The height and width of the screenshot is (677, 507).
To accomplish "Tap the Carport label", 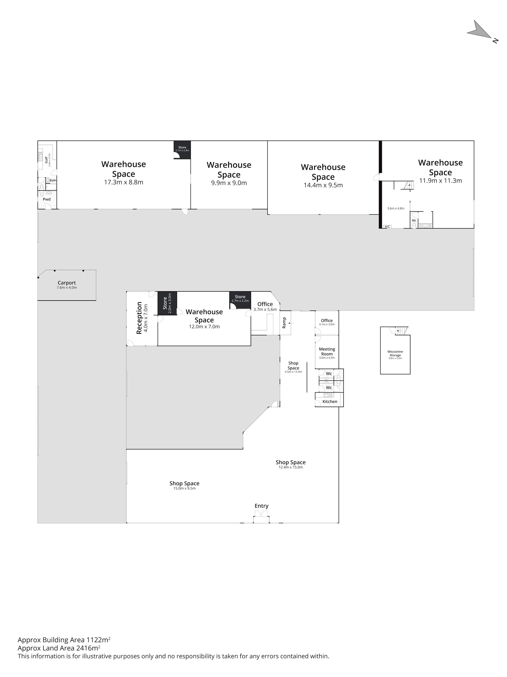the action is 67,283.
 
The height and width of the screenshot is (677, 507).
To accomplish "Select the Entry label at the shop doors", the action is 261,506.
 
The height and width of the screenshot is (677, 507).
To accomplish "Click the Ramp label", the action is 284,323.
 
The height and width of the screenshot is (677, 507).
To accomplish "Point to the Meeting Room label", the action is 327,351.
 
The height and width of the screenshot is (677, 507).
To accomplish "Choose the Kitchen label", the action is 330,402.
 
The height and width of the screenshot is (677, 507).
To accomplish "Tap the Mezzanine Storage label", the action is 395,353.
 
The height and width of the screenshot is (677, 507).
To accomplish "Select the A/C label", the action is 387,226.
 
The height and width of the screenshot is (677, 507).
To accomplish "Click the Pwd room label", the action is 47,199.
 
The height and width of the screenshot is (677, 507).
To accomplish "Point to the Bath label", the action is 53,180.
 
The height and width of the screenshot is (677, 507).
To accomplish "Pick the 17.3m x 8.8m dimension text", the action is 124,183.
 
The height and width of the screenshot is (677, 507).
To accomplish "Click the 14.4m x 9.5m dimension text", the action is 323,185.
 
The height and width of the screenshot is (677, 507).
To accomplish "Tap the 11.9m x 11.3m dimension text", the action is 440,181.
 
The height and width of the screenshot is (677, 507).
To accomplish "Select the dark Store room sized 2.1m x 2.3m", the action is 182,150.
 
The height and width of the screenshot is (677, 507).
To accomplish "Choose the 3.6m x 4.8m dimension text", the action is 396,208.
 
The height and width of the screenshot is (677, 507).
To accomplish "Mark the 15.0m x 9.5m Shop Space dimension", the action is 184,488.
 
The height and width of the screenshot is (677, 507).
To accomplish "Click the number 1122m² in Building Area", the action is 99,640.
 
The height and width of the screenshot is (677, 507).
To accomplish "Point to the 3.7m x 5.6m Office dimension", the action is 265,310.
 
